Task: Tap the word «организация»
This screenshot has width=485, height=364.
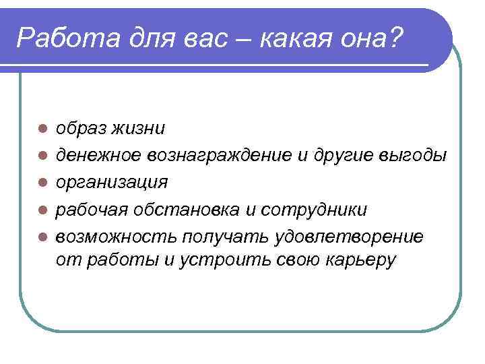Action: [x=112, y=183]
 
